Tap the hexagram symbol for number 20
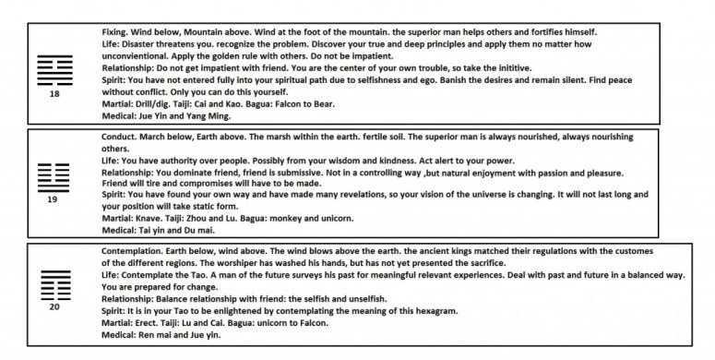54,283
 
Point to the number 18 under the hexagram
54,94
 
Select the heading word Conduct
120,137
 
